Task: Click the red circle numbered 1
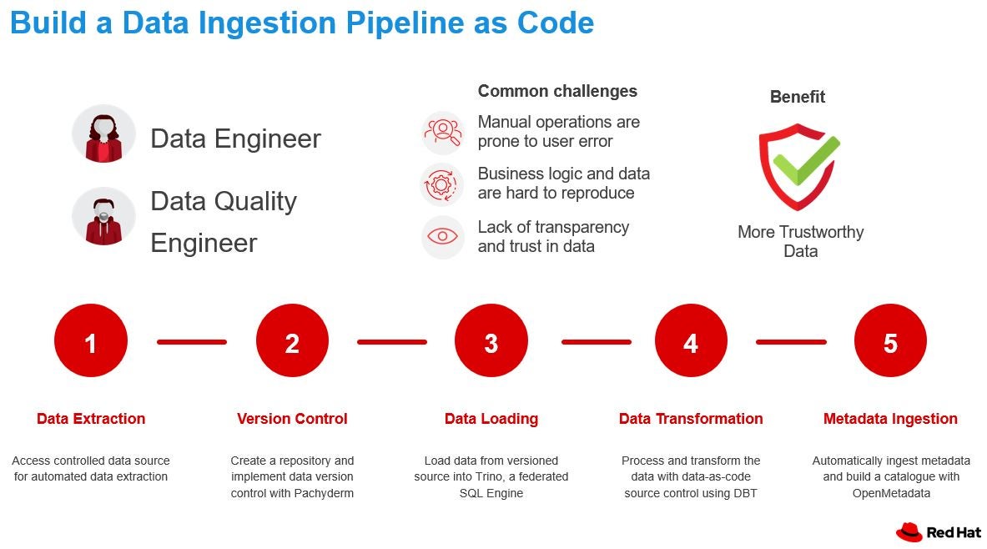(x=91, y=340)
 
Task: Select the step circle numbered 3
(x=491, y=340)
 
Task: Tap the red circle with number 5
(x=890, y=340)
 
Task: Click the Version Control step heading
(x=292, y=419)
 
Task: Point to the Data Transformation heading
(x=691, y=419)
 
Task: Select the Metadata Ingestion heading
(x=890, y=419)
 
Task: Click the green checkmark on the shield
(x=806, y=160)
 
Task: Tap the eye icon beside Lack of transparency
(x=442, y=236)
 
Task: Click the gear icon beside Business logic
(x=441, y=184)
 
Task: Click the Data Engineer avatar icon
(x=103, y=134)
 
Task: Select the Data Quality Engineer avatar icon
(x=103, y=217)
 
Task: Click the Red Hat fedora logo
(x=909, y=532)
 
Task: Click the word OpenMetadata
(x=891, y=493)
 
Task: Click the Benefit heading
(x=798, y=96)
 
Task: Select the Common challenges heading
(x=557, y=91)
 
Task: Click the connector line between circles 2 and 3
(x=391, y=342)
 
